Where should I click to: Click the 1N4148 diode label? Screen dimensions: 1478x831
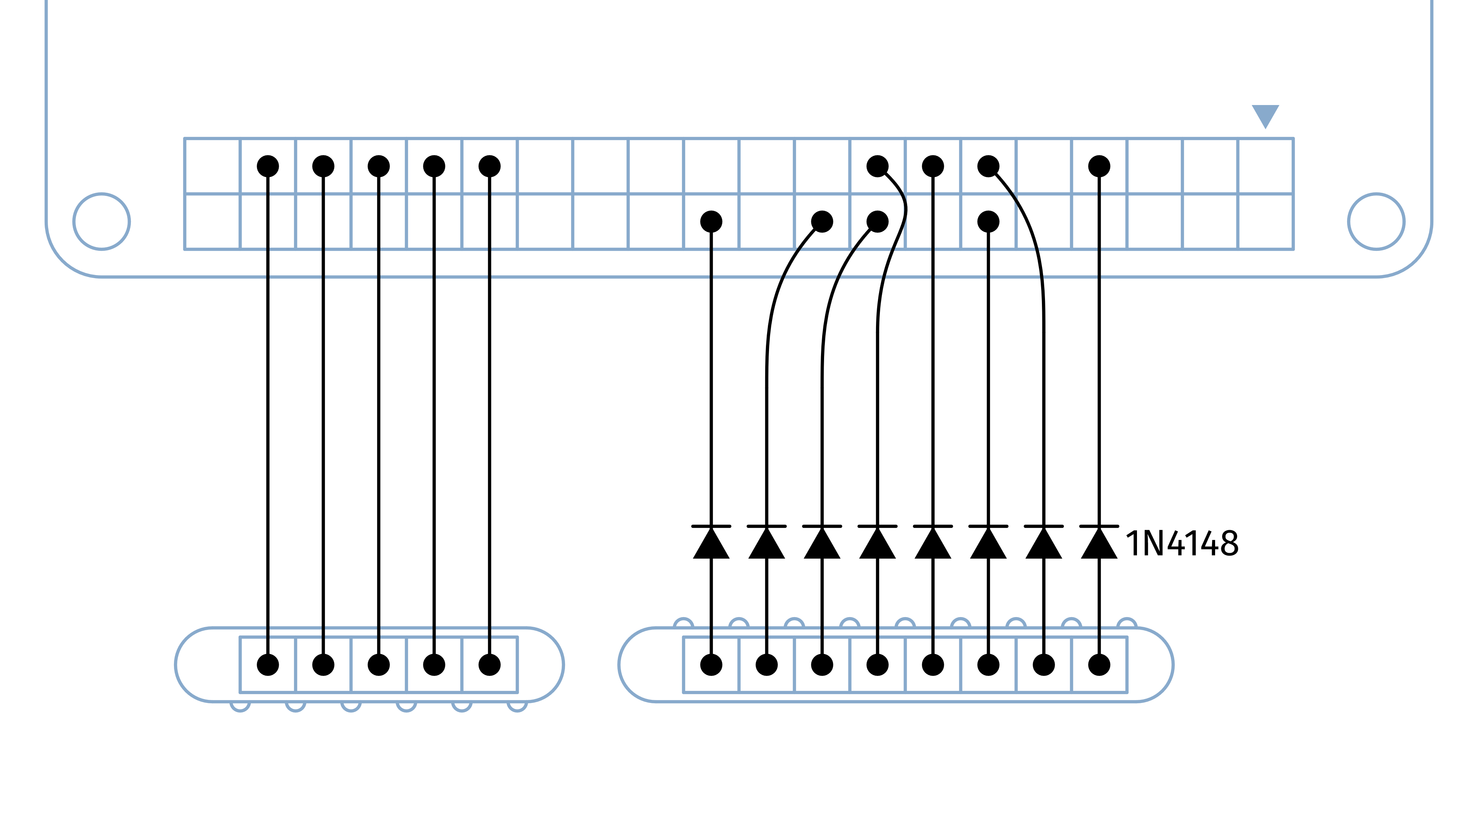[x=1182, y=543]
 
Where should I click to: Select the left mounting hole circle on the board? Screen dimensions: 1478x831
[x=102, y=221]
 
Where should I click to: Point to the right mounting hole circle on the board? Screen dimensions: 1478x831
[x=1376, y=221]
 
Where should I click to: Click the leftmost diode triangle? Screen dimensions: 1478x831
[x=711, y=543]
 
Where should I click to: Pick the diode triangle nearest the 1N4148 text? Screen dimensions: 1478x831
[x=1099, y=543]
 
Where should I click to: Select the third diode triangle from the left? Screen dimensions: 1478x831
[x=822, y=543]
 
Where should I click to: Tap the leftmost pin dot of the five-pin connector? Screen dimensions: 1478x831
[x=268, y=665]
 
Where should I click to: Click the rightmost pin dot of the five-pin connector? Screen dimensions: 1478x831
[x=490, y=665]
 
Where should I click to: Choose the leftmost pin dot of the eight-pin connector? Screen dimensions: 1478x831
[x=711, y=665]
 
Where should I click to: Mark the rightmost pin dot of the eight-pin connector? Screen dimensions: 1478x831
[x=1099, y=665]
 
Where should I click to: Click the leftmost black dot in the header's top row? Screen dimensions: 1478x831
[x=268, y=166]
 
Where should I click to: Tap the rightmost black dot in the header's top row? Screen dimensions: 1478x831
[x=1099, y=166]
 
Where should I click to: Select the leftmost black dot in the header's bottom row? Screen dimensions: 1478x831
[x=711, y=221]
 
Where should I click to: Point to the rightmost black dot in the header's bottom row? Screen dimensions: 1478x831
[x=988, y=221]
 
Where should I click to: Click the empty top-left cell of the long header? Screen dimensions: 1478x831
[x=212, y=166]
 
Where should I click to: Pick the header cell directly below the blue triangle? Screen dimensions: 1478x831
[x=1265, y=166]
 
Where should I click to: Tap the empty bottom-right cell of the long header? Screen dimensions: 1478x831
[x=1265, y=221]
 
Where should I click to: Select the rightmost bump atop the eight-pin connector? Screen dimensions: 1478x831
[x=1127, y=623]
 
